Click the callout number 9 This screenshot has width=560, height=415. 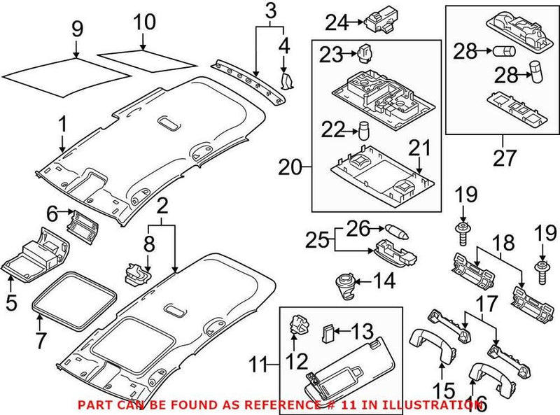click(77, 29)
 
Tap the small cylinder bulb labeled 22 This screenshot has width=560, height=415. click(365, 130)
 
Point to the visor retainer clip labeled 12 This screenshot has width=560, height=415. click(297, 324)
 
